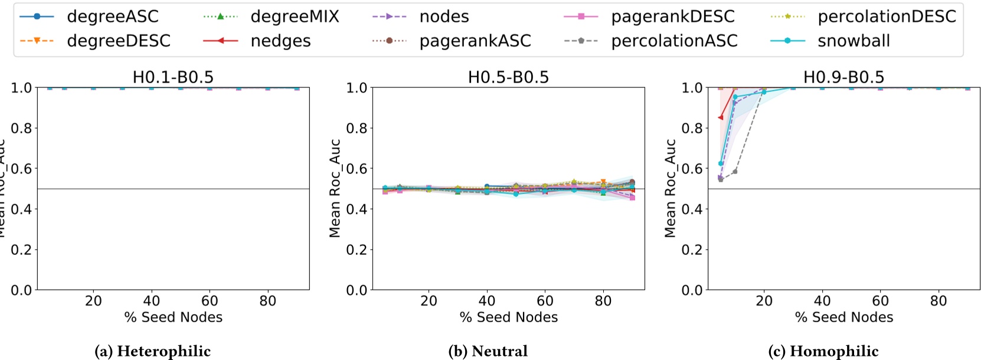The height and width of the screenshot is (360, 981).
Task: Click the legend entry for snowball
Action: (x=853, y=41)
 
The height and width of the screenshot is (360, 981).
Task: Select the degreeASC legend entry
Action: (x=112, y=17)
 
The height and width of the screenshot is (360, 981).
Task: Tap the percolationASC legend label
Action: (x=674, y=41)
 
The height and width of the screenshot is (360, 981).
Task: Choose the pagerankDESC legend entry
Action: (x=672, y=17)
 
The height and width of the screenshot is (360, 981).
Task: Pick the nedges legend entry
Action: (x=280, y=41)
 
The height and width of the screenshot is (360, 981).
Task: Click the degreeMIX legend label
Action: (x=295, y=17)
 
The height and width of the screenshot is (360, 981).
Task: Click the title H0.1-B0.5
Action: (x=173, y=77)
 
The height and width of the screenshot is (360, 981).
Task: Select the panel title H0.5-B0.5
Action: (x=508, y=77)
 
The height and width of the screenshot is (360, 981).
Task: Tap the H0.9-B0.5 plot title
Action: (x=843, y=77)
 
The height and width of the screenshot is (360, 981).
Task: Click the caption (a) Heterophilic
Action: (x=152, y=351)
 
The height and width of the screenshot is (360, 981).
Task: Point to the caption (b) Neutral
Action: (x=488, y=351)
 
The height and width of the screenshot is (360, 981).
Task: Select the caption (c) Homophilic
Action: (x=823, y=351)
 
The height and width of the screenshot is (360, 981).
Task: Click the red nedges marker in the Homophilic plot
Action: (x=721, y=117)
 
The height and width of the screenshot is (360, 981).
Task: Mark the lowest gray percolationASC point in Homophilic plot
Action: (x=721, y=179)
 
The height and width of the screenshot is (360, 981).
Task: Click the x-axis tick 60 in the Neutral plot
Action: (x=545, y=301)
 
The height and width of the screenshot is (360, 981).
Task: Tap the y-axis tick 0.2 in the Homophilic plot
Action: (x=693, y=250)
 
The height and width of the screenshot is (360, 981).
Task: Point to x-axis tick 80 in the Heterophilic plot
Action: (x=267, y=301)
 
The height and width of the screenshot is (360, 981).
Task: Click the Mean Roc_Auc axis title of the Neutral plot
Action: (x=335, y=188)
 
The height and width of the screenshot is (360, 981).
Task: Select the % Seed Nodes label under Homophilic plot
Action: (x=843, y=318)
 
